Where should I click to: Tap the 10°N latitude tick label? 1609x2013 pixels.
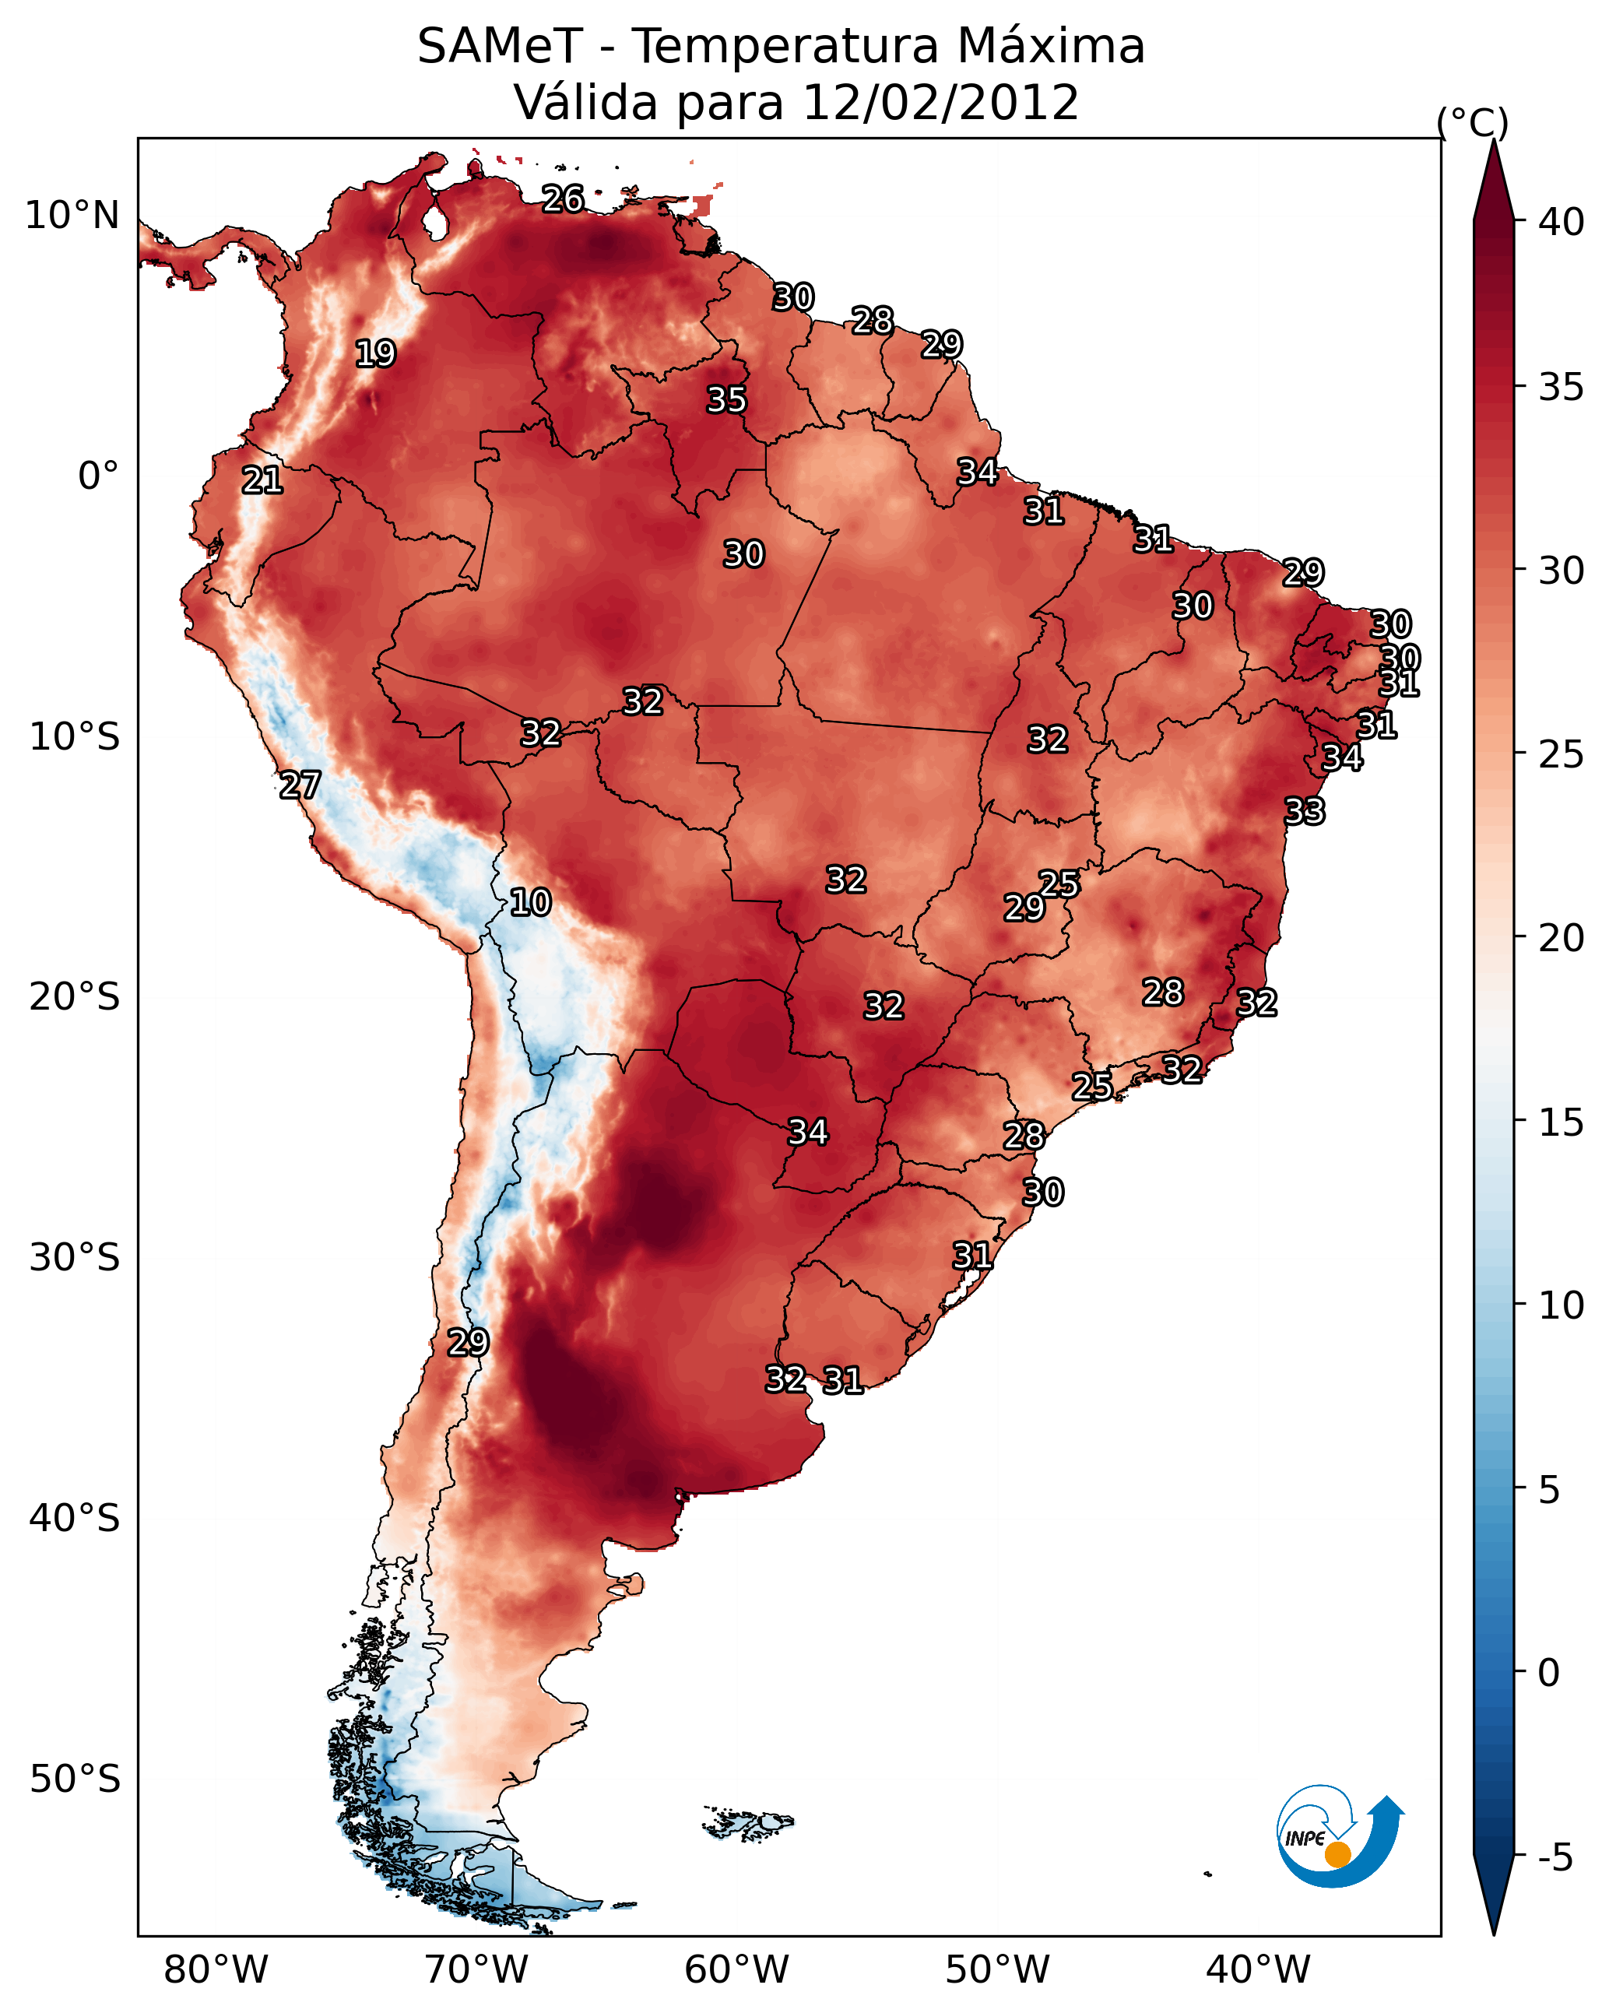72,216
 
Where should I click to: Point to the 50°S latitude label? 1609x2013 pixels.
75,1779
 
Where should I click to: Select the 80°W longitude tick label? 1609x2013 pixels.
216,1970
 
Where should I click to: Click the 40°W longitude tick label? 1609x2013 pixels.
1258,1970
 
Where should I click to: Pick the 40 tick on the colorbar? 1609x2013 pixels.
1562,222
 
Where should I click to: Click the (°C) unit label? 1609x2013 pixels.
1473,122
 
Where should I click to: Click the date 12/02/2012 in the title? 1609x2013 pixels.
940,103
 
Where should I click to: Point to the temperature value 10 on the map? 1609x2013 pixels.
530,903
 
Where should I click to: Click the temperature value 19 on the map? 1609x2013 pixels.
375,354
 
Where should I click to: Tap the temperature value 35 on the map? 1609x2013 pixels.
726,399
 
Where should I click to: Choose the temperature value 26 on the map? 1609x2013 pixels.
563,198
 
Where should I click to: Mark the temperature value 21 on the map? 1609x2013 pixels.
262,481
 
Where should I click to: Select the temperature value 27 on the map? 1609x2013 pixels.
300,785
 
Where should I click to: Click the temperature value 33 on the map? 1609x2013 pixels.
1305,811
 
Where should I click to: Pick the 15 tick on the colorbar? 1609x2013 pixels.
1562,1122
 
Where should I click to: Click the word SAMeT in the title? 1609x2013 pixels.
500,47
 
